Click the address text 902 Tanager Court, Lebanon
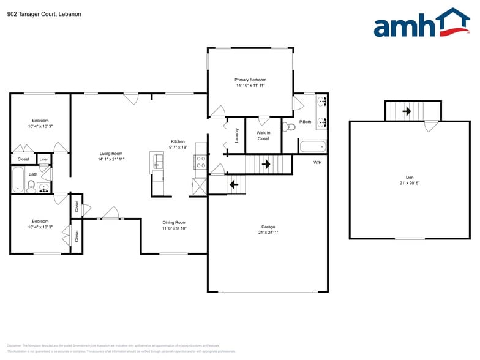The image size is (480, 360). [44, 13]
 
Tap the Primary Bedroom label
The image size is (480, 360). [250, 80]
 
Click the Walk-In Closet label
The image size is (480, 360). [263, 135]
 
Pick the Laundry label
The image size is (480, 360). [236, 135]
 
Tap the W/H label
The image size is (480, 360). [318, 162]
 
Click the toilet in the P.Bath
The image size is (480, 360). [290, 127]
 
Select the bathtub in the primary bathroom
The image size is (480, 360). [313, 146]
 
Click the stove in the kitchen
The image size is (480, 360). [201, 162]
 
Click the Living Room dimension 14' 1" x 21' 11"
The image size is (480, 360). [111, 159]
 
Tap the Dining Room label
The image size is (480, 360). [174, 222]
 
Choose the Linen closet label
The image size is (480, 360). [44, 159]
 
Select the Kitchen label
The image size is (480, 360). [177, 141]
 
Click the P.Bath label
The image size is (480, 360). [305, 122]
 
